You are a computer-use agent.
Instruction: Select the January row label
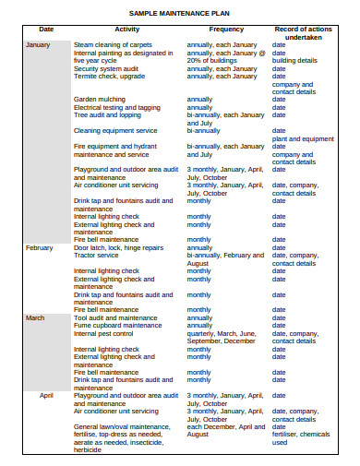point(39,44)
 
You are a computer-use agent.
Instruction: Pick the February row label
point(40,247)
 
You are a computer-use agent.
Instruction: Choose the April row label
point(46,395)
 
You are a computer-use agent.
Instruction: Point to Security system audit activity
point(110,67)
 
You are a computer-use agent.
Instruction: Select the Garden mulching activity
point(102,99)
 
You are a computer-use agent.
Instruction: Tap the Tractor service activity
point(98,255)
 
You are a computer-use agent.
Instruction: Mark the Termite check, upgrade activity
point(110,76)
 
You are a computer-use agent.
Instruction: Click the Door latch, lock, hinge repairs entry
point(118,247)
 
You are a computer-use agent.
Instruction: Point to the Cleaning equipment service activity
point(114,130)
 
